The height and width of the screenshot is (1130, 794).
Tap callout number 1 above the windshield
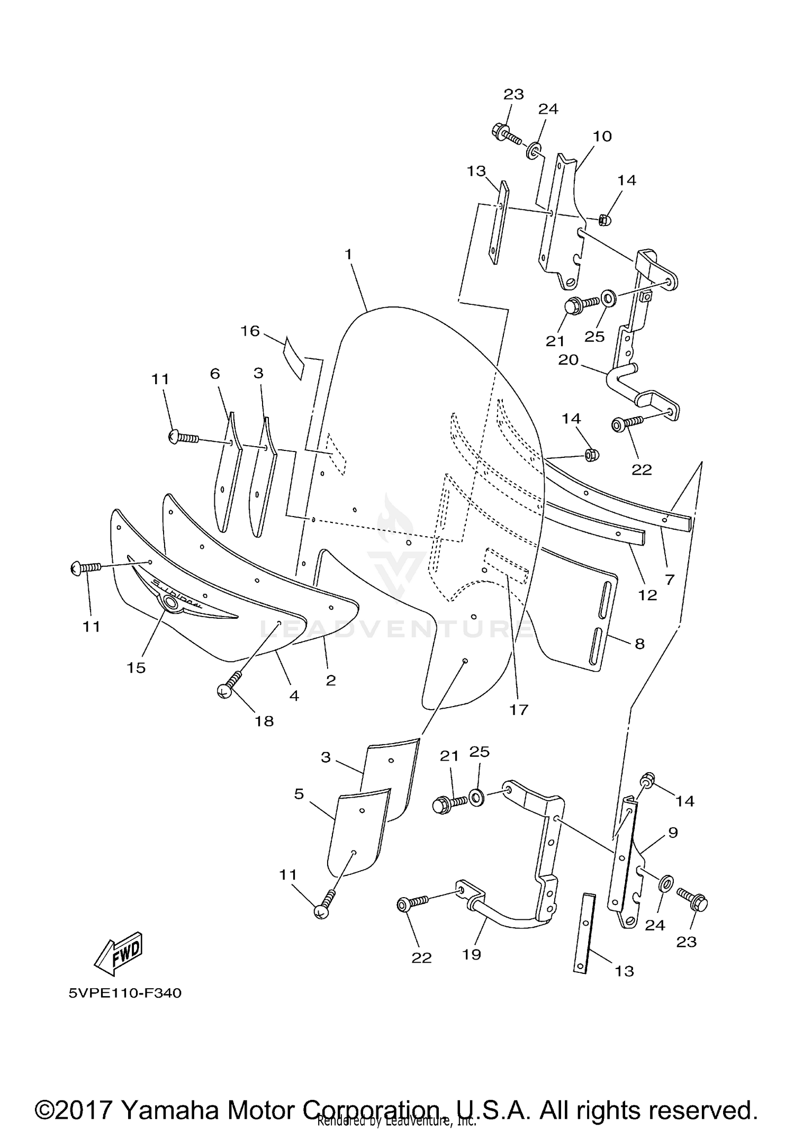(348, 255)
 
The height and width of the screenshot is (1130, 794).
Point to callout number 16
(250, 331)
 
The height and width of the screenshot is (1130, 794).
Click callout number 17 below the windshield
(519, 710)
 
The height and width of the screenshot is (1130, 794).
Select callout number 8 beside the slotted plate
(639, 644)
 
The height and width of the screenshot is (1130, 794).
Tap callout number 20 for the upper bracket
(569, 360)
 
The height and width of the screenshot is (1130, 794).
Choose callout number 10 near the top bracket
(602, 137)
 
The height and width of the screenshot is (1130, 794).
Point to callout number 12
(647, 595)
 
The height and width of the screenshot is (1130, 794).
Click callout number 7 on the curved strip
(670, 580)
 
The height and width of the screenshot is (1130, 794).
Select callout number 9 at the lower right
(673, 833)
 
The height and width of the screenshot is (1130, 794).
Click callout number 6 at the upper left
(214, 374)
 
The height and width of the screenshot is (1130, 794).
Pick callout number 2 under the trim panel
(331, 681)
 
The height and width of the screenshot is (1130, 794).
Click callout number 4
(294, 695)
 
